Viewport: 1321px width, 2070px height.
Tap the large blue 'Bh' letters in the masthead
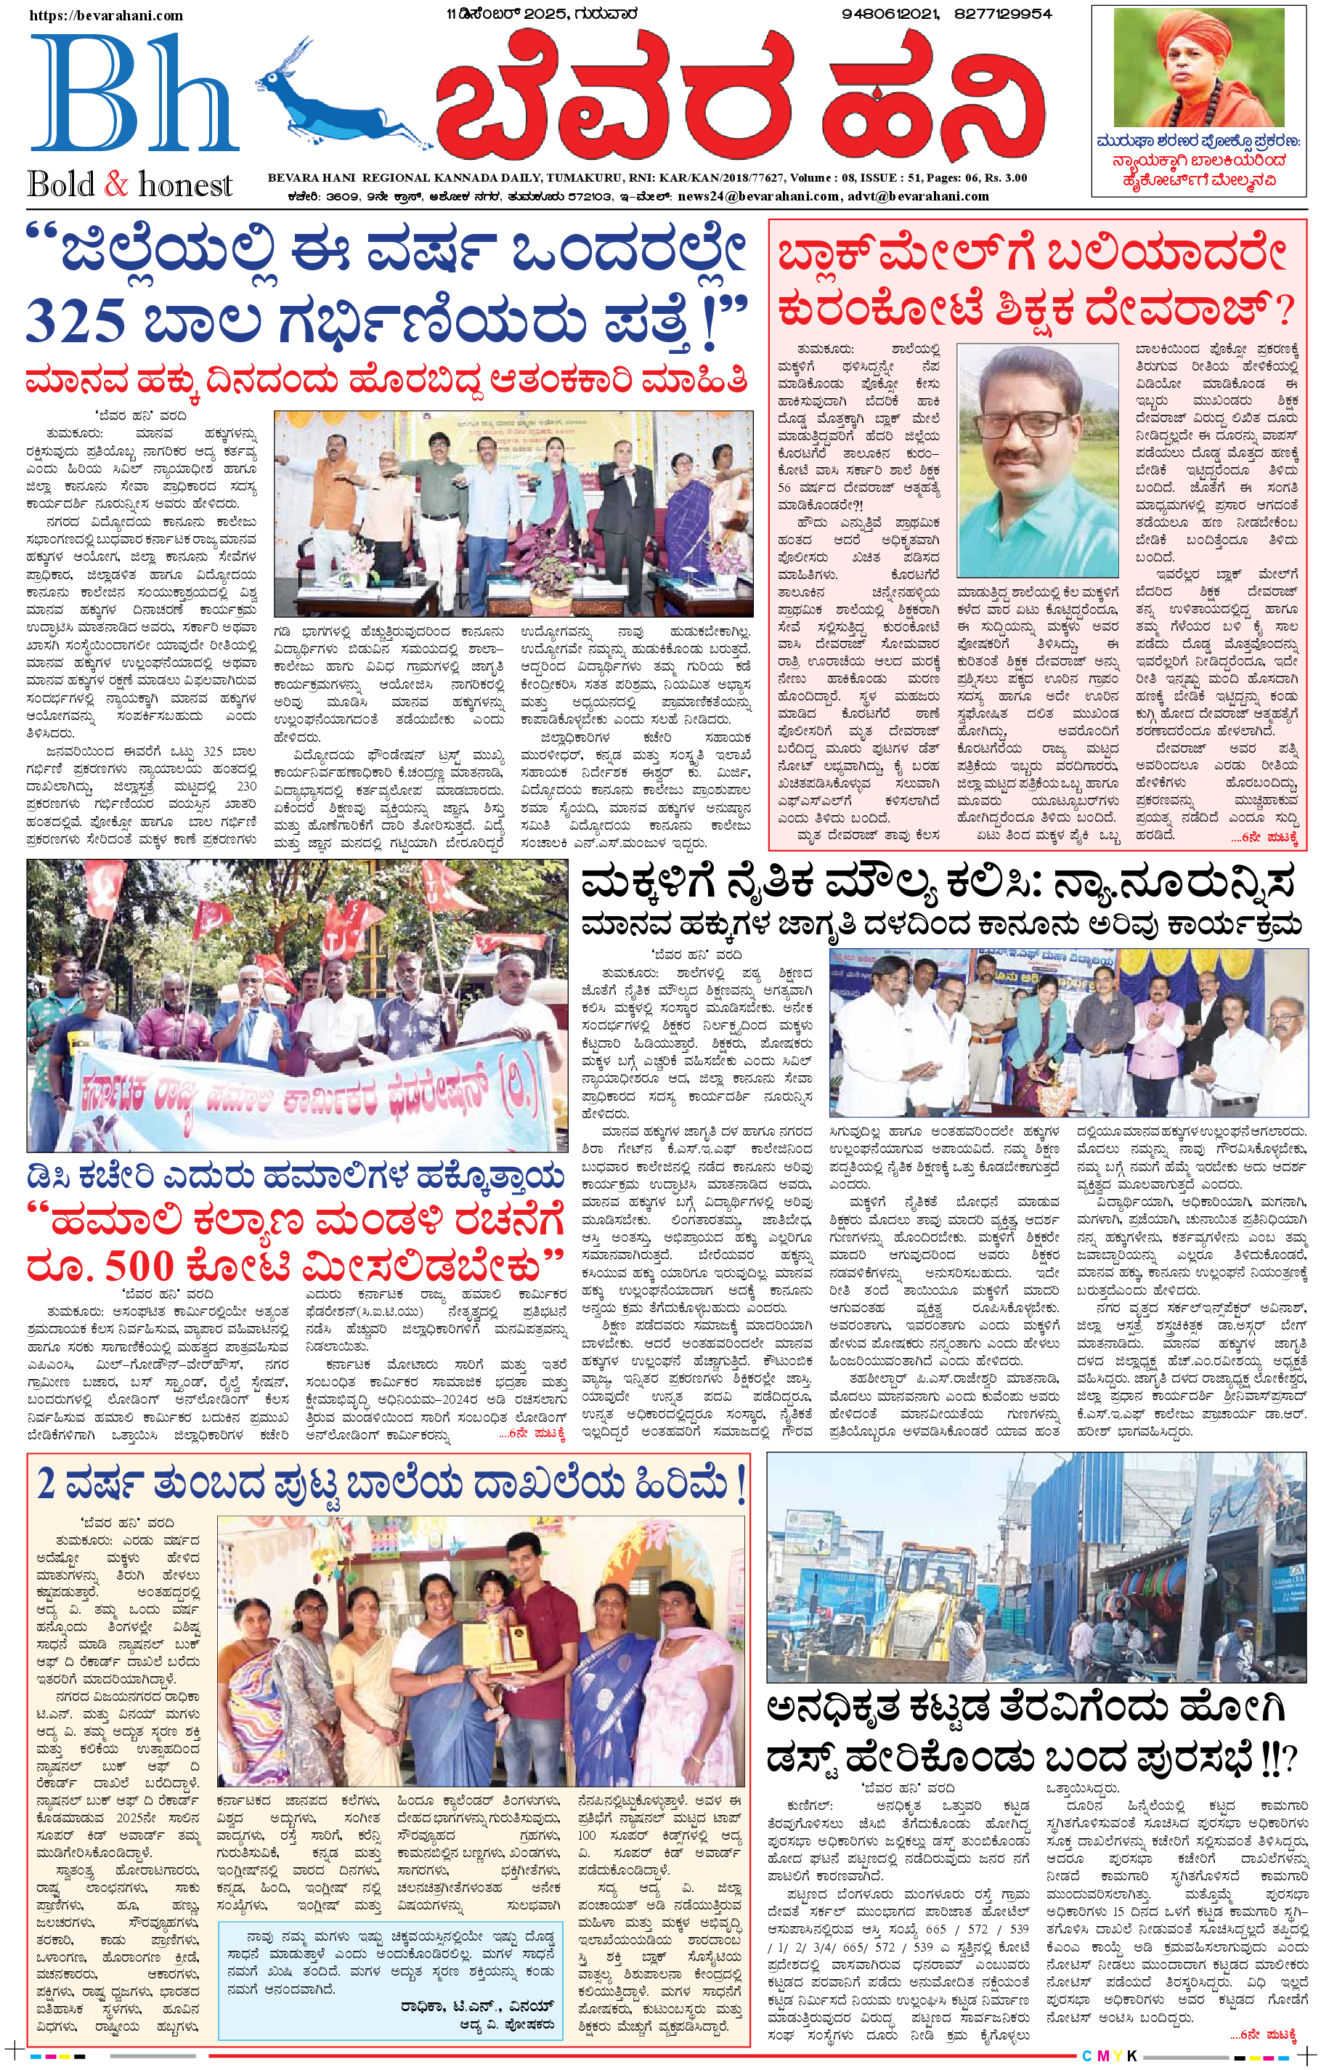click(133, 94)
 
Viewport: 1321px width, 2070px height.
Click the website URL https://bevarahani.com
click(107, 15)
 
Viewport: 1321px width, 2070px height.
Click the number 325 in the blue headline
click(78, 320)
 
